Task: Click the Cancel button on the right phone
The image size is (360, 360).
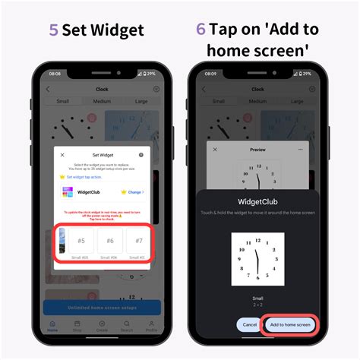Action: click(248, 324)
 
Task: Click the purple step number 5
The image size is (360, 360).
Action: click(54, 31)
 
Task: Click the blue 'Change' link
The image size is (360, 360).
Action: click(134, 193)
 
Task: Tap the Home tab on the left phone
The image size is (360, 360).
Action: click(52, 329)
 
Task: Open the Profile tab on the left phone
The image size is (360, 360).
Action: click(150, 329)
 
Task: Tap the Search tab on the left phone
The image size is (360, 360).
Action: click(126, 329)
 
